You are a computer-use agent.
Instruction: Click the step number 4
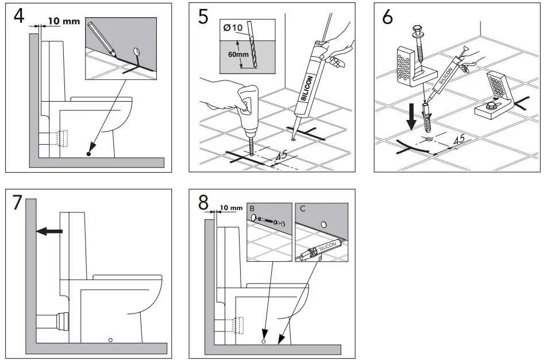(x=19, y=16)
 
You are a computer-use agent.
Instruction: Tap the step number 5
(x=203, y=17)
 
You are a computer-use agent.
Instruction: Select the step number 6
(x=387, y=17)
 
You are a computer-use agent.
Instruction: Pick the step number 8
(x=203, y=203)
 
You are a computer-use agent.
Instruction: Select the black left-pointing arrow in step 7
(x=49, y=231)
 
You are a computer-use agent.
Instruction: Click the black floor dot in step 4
(x=88, y=154)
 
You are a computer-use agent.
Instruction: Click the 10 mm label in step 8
(x=230, y=208)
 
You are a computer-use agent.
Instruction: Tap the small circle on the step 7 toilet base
(x=110, y=340)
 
